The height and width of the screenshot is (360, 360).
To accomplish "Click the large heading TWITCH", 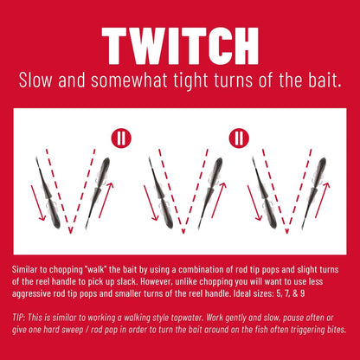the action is coord(180,46).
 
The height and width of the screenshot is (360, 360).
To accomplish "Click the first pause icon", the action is coord(121,138).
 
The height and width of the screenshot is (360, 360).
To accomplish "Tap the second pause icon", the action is coord(239,138).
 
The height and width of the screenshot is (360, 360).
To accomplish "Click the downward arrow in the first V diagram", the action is coord(38,203).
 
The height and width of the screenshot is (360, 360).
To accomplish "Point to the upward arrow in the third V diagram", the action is coord(323,200).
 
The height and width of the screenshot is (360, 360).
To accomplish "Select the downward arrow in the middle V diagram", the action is coord(151,203).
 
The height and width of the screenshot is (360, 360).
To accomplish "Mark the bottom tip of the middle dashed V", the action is coord(183,233).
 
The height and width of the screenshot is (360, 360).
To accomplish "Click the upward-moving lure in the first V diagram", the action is coord(98,193).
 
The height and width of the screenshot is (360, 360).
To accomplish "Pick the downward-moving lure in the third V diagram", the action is coord(265,193).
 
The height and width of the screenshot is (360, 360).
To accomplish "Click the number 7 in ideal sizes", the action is coord(286,293).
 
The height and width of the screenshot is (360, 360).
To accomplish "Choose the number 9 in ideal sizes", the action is coord(302,293).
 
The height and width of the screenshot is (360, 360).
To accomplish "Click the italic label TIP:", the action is coord(19,318).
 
